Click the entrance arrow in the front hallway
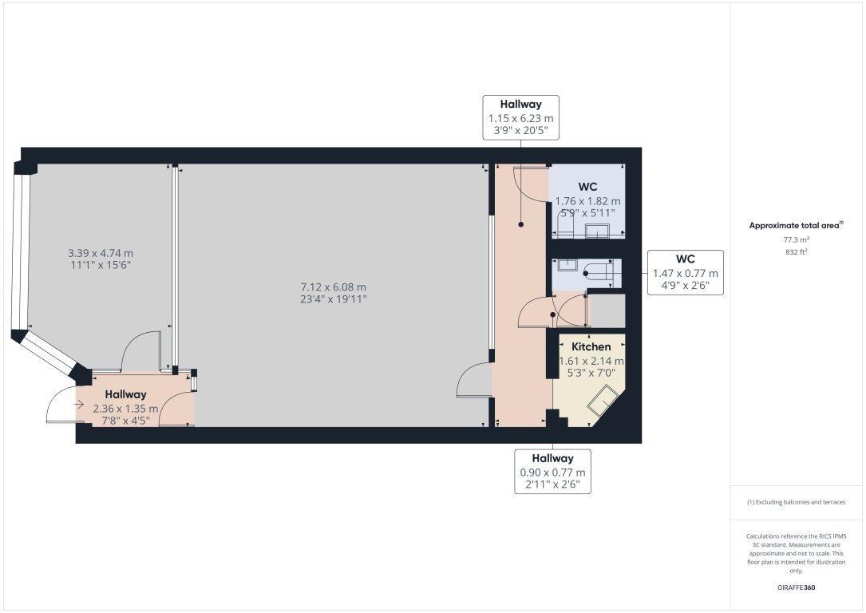[79, 405]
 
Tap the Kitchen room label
[591, 346]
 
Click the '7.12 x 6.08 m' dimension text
[333, 287]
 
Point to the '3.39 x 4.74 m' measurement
[101, 253]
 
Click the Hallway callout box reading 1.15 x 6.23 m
[520, 117]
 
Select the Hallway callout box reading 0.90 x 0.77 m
[552, 471]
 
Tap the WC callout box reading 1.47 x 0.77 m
[685, 272]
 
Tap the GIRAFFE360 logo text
[797, 587]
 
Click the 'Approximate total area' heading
[796, 225]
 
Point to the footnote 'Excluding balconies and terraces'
[797, 502]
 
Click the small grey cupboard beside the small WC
[607, 310]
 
